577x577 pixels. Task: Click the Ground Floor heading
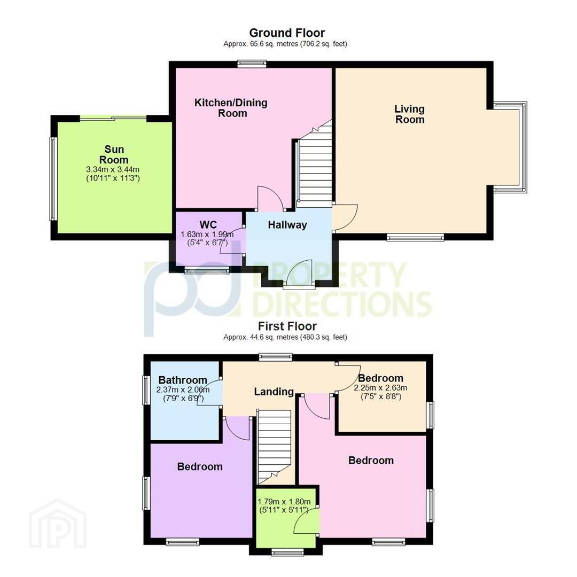[287, 33]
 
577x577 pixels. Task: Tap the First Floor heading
[287, 326]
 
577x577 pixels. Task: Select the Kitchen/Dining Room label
[231, 108]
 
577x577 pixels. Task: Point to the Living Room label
[410, 114]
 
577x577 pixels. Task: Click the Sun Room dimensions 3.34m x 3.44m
[113, 170]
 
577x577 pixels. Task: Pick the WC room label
[208, 224]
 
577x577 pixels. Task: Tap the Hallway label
[287, 225]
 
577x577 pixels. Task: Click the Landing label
[274, 392]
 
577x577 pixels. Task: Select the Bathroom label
[183, 380]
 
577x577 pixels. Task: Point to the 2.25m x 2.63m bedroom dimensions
[380, 388]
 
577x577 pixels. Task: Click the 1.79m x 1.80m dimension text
[284, 502]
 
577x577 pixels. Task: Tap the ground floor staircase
[315, 165]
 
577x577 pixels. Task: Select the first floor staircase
[274, 447]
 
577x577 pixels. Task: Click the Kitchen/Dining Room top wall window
[252, 64]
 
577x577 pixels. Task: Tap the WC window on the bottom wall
[207, 270]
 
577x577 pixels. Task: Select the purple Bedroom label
[200, 466]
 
